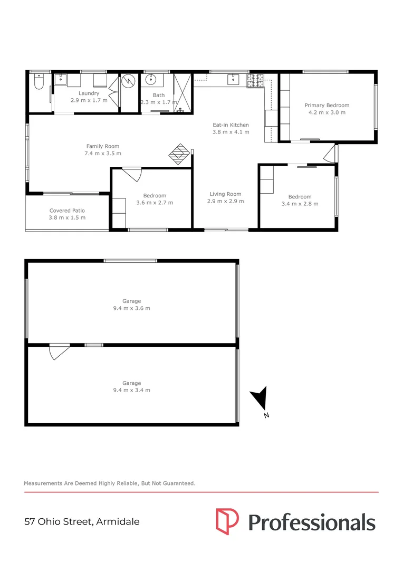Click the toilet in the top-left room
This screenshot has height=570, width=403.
(x=39, y=83)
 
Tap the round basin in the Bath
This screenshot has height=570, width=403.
(x=150, y=81)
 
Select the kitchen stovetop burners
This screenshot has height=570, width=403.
(x=256, y=81)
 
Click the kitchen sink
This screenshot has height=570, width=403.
(x=233, y=81)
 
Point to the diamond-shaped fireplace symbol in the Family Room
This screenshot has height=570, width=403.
(x=179, y=154)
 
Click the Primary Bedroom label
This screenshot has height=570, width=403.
(x=327, y=105)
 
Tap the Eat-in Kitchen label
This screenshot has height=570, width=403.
(x=231, y=125)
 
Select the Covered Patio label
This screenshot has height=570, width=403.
(x=67, y=211)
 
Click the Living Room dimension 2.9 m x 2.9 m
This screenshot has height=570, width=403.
(x=225, y=201)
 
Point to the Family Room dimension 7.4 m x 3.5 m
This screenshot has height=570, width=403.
(x=103, y=154)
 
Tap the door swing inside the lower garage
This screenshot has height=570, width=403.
(x=59, y=351)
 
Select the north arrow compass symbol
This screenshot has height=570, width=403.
(x=260, y=398)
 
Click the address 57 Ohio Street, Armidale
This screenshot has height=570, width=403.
(x=82, y=522)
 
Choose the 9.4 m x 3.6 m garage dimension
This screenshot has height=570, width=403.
(x=131, y=308)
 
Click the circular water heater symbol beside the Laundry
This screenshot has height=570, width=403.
(x=129, y=83)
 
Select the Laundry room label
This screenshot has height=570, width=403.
(x=89, y=93)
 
